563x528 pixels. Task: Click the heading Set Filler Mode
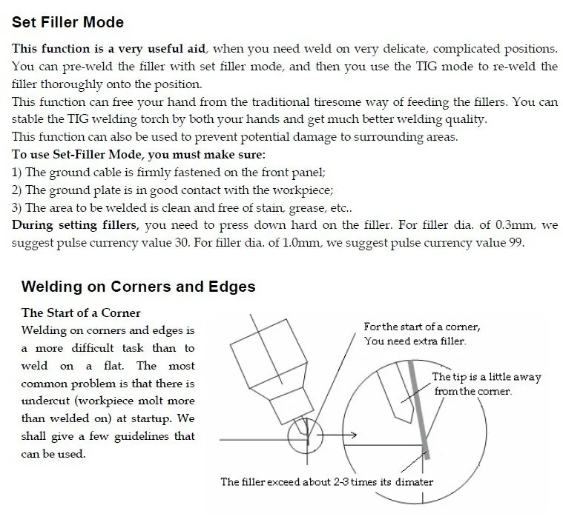pos(68,23)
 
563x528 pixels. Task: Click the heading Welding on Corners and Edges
pos(138,287)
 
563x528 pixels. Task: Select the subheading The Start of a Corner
pos(81,313)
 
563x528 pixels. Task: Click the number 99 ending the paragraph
pos(516,244)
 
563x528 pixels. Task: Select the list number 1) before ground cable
pos(17,173)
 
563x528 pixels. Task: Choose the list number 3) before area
pos(17,208)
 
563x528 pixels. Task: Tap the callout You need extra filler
pos(415,341)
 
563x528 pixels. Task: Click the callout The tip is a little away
pos(486,377)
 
